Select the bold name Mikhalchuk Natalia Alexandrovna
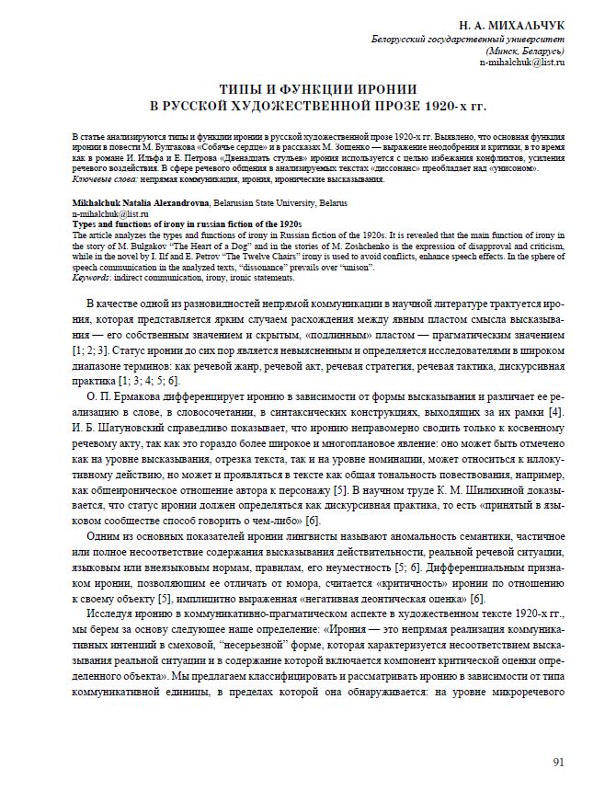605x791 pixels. [x=138, y=201]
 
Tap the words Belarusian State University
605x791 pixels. [x=270, y=201]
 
